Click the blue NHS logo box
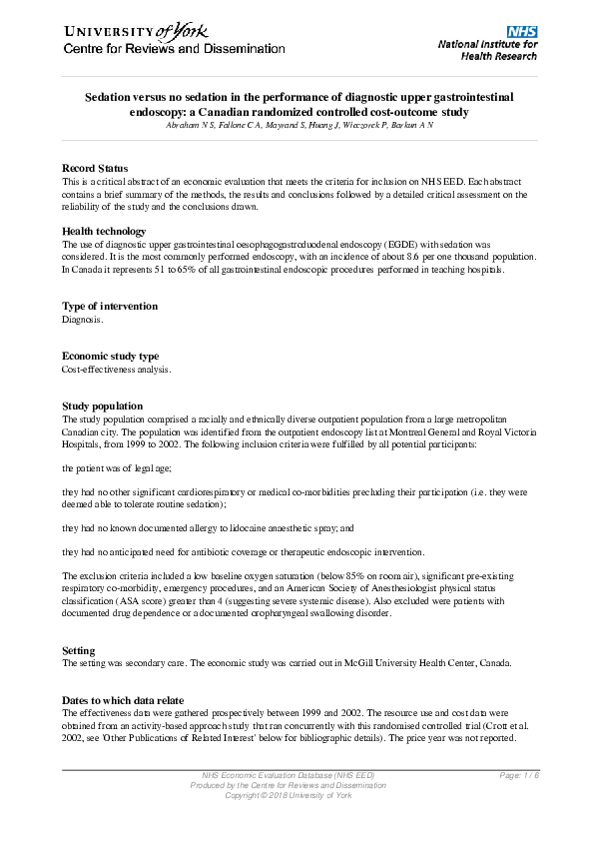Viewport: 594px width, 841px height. tap(521, 32)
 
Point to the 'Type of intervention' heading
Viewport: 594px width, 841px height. tap(110, 306)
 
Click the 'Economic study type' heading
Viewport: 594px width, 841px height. tap(110, 356)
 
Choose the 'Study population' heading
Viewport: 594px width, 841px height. tap(102, 406)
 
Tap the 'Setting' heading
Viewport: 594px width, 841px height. tap(79, 650)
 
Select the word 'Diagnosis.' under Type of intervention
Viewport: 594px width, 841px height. tap(82, 320)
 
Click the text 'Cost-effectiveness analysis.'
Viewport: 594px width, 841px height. tap(117, 370)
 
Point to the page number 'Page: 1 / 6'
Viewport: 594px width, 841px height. tap(518, 776)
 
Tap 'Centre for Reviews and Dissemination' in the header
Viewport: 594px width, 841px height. tap(175, 49)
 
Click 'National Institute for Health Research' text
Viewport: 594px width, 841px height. tap(487, 50)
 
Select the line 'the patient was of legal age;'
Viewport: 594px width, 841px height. tap(120, 467)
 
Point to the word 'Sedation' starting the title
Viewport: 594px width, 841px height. tap(107, 98)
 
